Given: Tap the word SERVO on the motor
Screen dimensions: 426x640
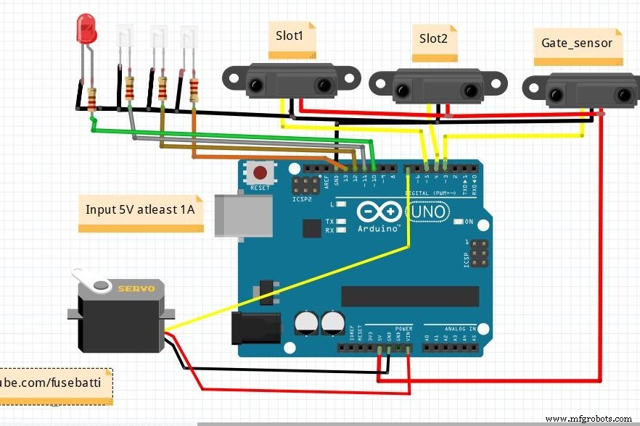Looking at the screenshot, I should [x=136, y=288].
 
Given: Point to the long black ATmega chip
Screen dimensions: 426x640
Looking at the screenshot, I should [x=410, y=296].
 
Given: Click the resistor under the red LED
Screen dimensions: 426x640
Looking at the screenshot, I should [x=92, y=99].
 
